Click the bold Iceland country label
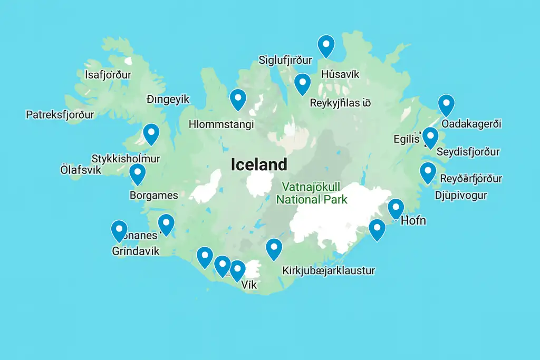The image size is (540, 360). point(259,164)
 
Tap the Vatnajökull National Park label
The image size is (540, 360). point(312,193)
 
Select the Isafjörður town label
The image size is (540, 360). point(108,75)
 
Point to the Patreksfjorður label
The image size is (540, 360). point(60,114)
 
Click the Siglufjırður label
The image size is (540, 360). point(285,60)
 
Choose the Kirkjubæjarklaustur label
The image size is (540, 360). point(329,271)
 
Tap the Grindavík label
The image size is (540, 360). point(136,251)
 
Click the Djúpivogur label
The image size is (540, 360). point(461,196)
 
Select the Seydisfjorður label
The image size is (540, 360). point(468,152)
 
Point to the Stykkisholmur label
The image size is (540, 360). point(126,159)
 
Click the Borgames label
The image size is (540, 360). point(153,196)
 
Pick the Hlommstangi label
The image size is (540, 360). point(221,124)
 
